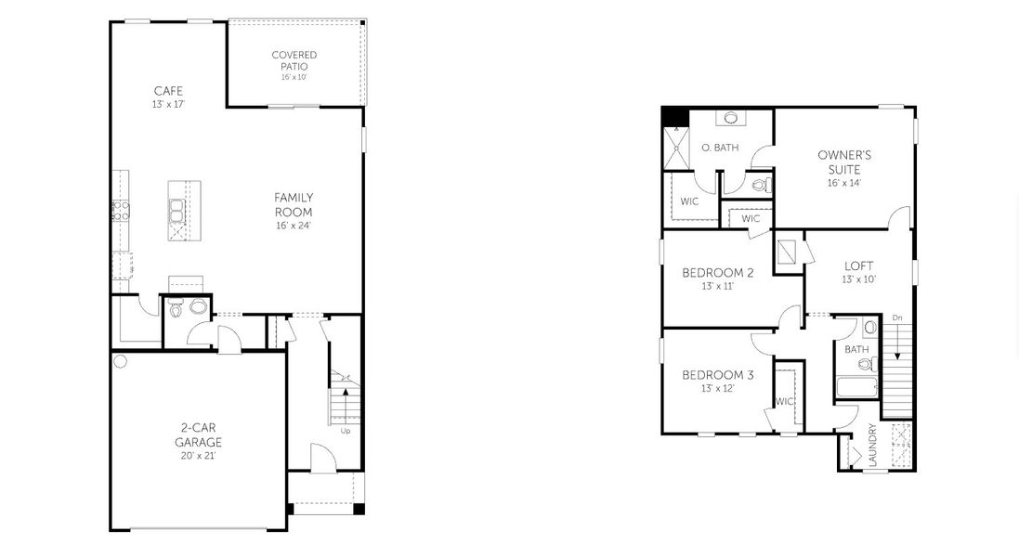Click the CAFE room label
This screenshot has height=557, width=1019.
click(168, 91)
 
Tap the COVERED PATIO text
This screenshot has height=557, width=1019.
click(294, 60)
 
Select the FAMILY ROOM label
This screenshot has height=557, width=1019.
click(294, 204)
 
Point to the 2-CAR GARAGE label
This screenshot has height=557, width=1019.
click(199, 434)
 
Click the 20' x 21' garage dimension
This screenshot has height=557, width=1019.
click(199, 456)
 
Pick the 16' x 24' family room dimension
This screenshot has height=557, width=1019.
click(294, 226)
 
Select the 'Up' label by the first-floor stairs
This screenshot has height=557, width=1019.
click(346, 431)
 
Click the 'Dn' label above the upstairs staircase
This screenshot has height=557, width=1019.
click(896, 318)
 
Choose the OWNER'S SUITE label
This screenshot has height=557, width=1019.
click(844, 162)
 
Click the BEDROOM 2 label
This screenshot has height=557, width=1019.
click(718, 272)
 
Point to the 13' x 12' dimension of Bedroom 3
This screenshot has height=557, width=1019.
click(718, 388)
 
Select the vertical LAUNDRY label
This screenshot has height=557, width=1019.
click(871, 447)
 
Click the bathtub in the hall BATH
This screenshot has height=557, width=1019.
click(856, 387)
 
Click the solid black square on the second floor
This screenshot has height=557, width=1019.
click(673, 116)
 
